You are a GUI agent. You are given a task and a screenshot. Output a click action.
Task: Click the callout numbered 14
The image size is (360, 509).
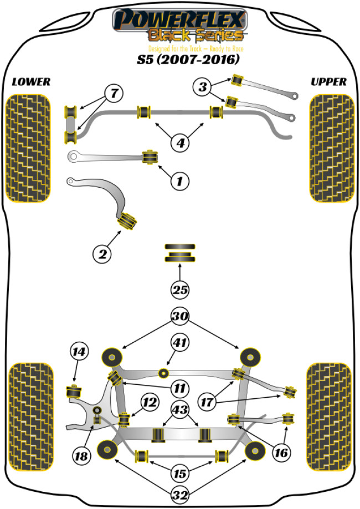click(x=79, y=351)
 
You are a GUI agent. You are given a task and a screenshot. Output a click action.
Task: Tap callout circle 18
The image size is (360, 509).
click(x=82, y=456)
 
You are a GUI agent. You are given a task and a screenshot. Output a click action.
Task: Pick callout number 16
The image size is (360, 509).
click(x=281, y=453)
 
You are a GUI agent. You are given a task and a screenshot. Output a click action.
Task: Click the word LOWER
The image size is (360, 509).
click(x=30, y=82)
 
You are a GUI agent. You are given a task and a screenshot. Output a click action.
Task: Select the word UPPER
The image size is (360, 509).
click(x=328, y=82)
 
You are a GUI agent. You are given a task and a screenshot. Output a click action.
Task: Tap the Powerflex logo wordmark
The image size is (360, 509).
click(x=179, y=21)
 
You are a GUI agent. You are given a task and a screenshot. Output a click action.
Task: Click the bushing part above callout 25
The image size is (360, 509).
click(x=179, y=254)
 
